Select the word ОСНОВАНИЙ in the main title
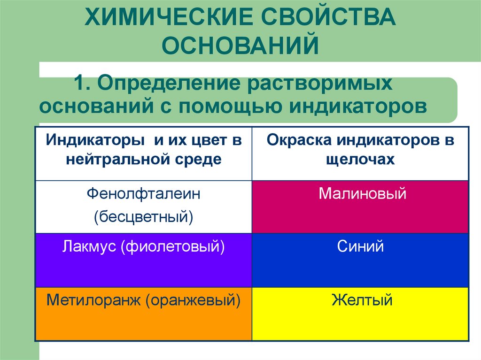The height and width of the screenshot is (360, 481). pos(240,46)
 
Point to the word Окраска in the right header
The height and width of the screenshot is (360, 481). pos(295,140)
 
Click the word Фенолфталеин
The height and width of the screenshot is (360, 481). pos(143,194)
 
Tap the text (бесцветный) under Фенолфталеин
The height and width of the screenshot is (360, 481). pos(143,216)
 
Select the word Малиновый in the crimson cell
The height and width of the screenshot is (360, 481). pos(360,194)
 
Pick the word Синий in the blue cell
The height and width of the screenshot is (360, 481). pos(360,247)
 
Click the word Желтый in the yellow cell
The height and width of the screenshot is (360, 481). pos(360,300)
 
